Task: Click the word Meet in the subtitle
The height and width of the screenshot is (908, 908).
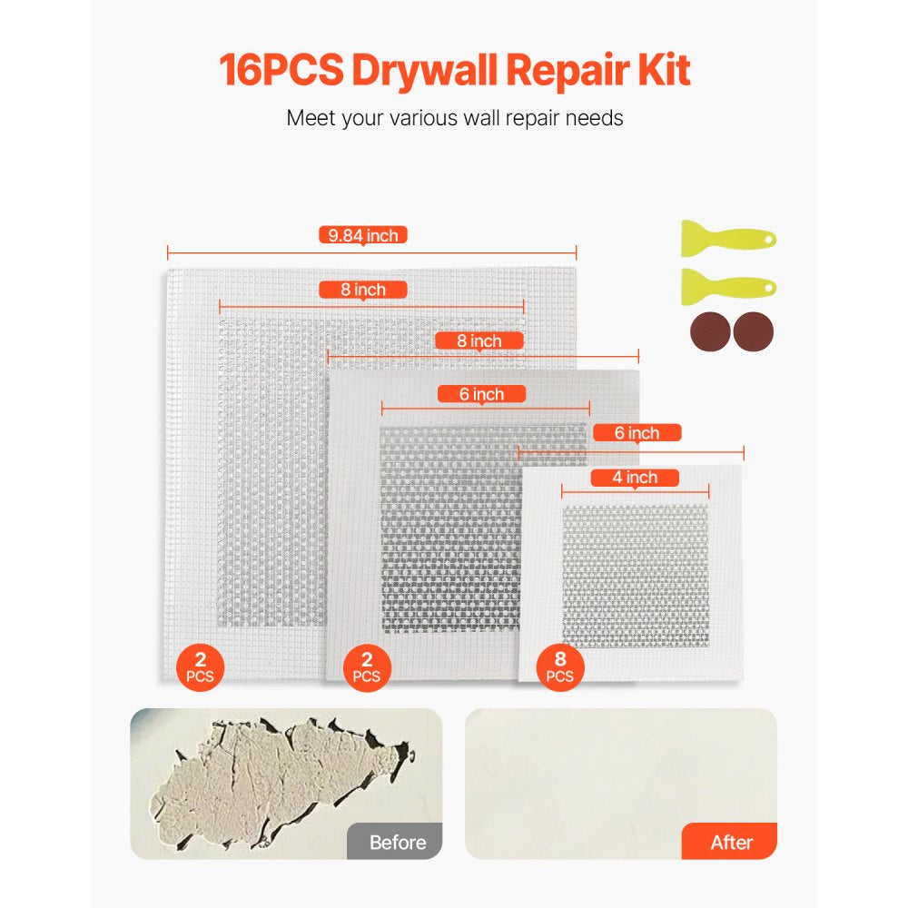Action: point(311,118)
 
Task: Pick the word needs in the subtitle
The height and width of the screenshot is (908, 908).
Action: point(592,118)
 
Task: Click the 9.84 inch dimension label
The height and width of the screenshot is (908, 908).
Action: point(363,235)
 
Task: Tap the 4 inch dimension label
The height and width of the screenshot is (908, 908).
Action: point(636,478)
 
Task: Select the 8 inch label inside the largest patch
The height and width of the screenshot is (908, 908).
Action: point(363,290)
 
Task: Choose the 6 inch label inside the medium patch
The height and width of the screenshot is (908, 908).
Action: point(482,394)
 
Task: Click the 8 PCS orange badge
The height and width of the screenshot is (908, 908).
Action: point(560,666)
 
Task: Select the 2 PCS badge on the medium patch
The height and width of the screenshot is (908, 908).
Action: point(367,666)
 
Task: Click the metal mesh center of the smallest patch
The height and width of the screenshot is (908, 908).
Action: point(635,577)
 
